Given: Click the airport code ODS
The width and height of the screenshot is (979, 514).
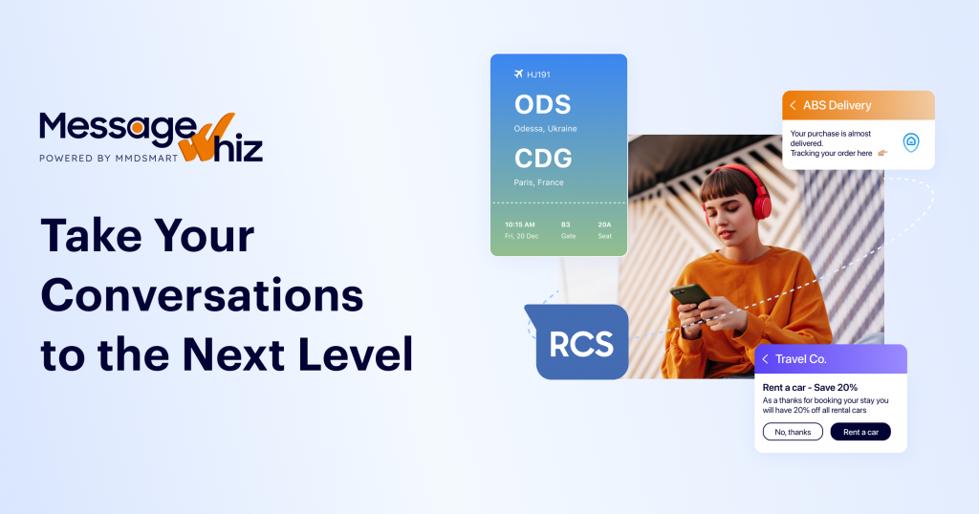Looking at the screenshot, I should [x=542, y=104].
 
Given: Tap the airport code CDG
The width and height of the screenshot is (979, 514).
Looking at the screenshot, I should [x=542, y=158].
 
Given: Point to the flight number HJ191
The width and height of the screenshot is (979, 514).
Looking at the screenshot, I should [x=539, y=75].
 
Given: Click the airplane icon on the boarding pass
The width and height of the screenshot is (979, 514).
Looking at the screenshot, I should [x=519, y=74].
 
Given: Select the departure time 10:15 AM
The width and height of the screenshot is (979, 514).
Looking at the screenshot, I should [x=520, y=225].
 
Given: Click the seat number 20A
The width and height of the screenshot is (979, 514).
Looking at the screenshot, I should [x=604, y=225].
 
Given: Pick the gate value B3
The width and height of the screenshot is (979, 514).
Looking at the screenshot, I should [x=566, y=225].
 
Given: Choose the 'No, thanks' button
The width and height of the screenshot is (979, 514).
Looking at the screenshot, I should [x=793, y=432].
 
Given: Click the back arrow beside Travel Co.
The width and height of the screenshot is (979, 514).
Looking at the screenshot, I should [x=765, y=359].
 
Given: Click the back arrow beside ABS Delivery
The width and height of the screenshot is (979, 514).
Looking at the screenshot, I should [x=793, y=105].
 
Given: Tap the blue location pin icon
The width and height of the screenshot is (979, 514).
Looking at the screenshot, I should [x=911, y=141].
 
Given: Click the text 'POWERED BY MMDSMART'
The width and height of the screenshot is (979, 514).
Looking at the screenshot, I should [x=108, y=159].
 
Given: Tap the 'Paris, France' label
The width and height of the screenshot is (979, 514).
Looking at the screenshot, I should [x=538, y=182].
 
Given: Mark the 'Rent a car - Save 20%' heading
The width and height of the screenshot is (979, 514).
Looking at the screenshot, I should [x=810, y=387].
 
